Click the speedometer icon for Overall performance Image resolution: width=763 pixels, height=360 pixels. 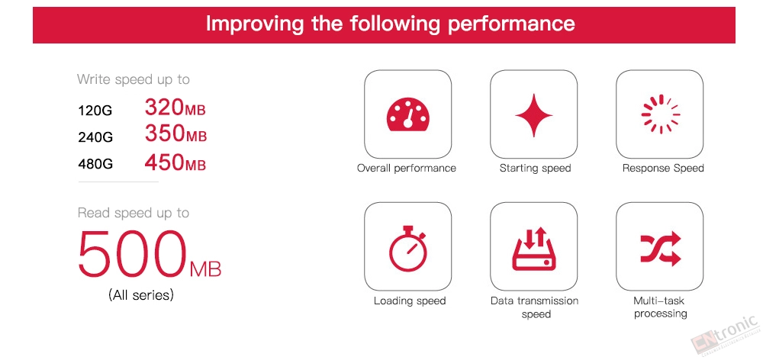tap(407, 115)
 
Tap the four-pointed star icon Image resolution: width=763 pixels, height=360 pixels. tap(533, 115)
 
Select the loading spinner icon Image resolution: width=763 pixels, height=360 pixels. tap(660, 114)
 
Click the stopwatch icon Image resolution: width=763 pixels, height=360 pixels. tap(407, 248)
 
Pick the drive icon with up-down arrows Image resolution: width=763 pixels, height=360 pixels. tap(533, 249)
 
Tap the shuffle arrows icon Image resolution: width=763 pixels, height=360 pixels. tap(660, 249)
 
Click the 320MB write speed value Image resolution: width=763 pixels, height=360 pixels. tap(175, 108)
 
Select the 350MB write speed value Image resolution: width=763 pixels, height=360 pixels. tap(175, 133)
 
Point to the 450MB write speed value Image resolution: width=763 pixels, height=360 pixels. tap(175, 162)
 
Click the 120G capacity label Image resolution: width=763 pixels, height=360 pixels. tap(95, 111)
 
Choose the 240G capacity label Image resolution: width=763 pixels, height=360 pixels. tap(95, 137)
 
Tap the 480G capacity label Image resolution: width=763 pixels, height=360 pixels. tap(95, 164)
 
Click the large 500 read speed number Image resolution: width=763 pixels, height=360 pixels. tap(132, 253)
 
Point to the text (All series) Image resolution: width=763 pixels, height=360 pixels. tap(141, 295)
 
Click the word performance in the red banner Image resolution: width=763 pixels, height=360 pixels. tap(511, 24)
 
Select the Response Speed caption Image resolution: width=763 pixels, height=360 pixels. tap(663, 169)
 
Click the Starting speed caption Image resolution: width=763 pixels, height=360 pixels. tap(535, 169)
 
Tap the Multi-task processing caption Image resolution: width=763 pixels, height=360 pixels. tap(660, 307)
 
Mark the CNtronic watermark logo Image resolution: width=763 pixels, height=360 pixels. tap(725, 334)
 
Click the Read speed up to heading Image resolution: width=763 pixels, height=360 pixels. tap(134, 213)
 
